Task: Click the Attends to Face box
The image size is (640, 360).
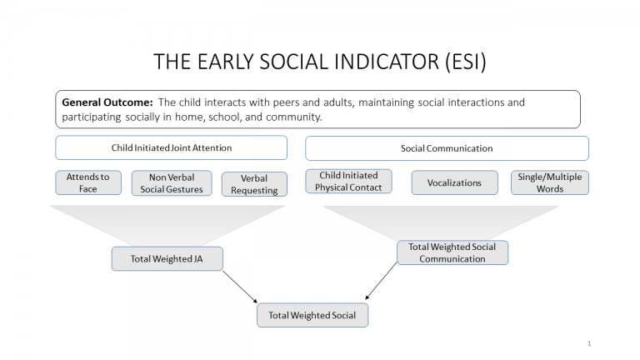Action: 88,182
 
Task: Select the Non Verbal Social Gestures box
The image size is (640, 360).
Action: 171,182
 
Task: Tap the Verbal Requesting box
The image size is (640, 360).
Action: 254,184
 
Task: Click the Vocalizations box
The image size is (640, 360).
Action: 454,182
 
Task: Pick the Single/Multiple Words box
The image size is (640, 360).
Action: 550,182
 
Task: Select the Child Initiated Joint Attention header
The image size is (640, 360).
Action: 171,148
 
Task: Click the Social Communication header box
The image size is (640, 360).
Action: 447,148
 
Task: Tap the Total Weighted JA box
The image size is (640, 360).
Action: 167,258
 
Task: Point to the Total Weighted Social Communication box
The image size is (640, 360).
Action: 452,252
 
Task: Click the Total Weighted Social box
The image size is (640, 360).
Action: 312,315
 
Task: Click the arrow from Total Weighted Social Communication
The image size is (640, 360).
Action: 380,282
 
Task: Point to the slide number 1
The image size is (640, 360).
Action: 589,343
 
